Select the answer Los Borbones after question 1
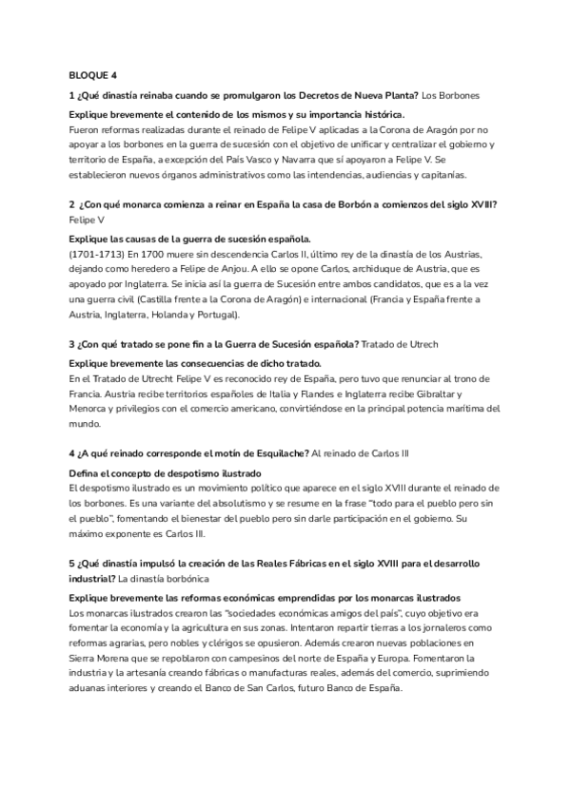(x=449, y=95)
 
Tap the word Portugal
(x=218, y=314)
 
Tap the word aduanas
(x=92, y=688)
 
